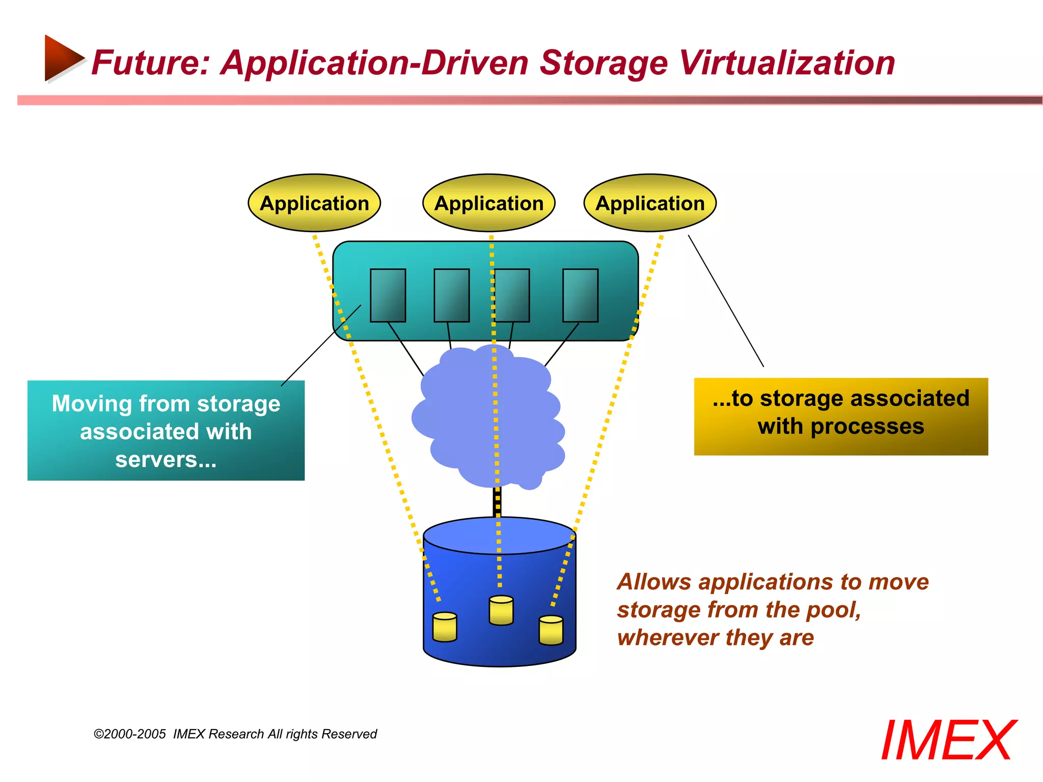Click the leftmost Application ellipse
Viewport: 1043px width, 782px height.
[314, 203]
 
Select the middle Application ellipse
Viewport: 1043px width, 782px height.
[489, 203]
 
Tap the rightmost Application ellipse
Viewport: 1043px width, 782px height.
[650, 203]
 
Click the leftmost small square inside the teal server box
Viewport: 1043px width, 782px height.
[388, 295]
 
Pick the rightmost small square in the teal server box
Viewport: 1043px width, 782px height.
[580, 295]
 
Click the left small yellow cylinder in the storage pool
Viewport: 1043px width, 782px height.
[445, 627]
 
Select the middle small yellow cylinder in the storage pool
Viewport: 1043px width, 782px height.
[501, 610]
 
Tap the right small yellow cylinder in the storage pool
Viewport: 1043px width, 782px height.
[551, 630]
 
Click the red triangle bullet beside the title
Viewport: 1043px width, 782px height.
[62, 58]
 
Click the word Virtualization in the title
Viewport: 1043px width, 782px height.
[787, 63]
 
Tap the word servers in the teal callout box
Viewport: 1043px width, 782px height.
[156, 459]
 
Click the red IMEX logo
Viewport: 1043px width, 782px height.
[948, 740]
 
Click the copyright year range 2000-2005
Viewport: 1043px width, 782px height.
[135, 734]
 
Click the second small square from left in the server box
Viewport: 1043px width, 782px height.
[452, 295]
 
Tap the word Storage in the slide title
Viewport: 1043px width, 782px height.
[603, 63]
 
